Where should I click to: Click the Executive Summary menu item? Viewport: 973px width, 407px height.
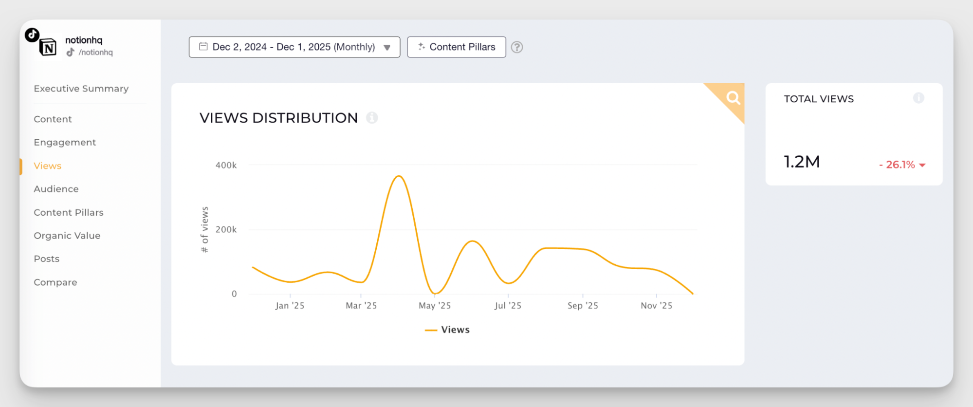[x=81, y=89]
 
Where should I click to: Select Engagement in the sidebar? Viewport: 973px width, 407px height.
[x=65, y=142]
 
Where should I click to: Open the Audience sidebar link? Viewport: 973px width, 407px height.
[x=56, y=189]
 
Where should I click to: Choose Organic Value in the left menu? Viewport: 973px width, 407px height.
[x=67, y=236]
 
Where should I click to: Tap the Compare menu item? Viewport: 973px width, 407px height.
[x=55, y=282]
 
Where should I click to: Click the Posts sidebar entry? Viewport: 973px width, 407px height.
[x=46, y=259]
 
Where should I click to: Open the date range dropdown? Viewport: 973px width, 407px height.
[x=294, y=47]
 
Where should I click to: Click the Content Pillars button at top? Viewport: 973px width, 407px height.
[x=456, y=47]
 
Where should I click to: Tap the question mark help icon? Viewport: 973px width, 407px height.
[x=517, y=47]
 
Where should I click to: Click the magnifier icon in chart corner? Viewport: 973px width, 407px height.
[x=733, y=98]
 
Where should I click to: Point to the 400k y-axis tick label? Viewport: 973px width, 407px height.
[x=226, y=166]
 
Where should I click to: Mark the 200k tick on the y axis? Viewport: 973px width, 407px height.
[x=226, y=230]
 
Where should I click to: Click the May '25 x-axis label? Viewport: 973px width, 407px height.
[x=435, y=306]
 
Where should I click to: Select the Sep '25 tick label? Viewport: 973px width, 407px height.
[x=583, y=306]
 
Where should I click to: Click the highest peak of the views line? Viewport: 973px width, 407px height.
[x=399, y=176]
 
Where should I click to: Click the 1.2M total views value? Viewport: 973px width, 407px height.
[x=802, y=162]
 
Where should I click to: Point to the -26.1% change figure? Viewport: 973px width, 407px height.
[x=900, y=165]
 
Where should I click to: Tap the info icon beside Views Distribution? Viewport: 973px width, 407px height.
[x=372, y=118]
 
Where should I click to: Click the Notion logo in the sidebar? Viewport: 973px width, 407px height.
[x=48, y=48]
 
